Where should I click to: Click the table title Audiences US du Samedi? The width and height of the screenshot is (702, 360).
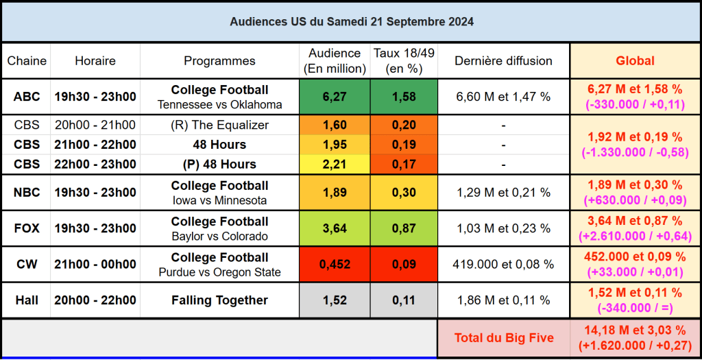click(351, 21)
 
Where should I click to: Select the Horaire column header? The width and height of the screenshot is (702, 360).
click(95, 61)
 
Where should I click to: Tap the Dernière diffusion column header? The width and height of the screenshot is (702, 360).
click(503, 61)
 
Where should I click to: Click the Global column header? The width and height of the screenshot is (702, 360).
click(635, 61)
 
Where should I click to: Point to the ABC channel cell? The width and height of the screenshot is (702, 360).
click(27, 97)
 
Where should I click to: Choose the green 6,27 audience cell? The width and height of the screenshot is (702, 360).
click(335, 97)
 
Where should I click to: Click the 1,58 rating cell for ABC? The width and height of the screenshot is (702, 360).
click(404, 97)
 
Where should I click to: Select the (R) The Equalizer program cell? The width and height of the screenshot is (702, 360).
click(219, 125)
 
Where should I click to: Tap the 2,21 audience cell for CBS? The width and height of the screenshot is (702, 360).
click(335, 165)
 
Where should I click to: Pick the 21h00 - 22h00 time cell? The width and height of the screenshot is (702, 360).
click(95, 145)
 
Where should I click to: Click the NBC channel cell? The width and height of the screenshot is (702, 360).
click(27, 193)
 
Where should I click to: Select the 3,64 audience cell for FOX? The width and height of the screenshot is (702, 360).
click(335, 228)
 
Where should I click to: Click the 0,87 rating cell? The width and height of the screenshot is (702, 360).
click(404, 228)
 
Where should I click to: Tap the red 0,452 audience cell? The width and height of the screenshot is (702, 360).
click(335, 265)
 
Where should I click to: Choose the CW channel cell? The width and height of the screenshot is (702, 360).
click(27, 265)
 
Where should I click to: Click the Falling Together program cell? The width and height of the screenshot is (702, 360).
click(219, 300)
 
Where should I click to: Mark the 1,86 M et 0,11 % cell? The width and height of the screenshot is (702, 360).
click(503, 300)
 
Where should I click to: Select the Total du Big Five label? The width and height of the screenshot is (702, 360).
click(503, 337)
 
